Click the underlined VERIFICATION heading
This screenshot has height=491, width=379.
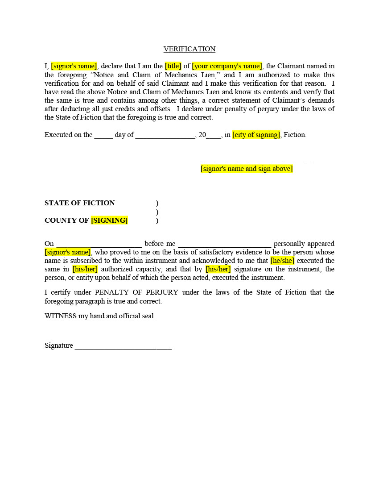coord(189,49)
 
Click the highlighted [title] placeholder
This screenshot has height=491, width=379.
coord(173,66)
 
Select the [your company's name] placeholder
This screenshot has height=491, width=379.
coord(227,66)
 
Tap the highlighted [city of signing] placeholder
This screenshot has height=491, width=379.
coord(256,135)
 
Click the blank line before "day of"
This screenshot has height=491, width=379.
coord(103,135)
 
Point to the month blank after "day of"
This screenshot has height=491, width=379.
coord(165,135)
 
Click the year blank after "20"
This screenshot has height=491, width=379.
coord(214,135)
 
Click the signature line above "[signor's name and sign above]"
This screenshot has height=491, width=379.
coord(256,162)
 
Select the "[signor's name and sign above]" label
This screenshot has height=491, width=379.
coord(247,169)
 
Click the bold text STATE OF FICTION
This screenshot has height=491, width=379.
coord(80,203)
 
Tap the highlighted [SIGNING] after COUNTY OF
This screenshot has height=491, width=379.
coord(109,221)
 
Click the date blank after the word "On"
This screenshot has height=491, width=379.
coord(99,244)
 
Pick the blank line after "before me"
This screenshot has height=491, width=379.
coord(224,244)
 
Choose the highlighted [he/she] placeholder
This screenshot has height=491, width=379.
coord(282,261)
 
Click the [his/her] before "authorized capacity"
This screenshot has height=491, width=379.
coord(85,269)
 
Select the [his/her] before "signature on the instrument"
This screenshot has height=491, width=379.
coord(218,269)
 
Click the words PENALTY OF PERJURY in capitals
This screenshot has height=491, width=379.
coord(136,292)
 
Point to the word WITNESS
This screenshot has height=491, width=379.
coord(59,316)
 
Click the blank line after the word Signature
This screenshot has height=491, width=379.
coord(123,346)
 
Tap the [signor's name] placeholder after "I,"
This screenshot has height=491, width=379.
coord(74,66)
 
